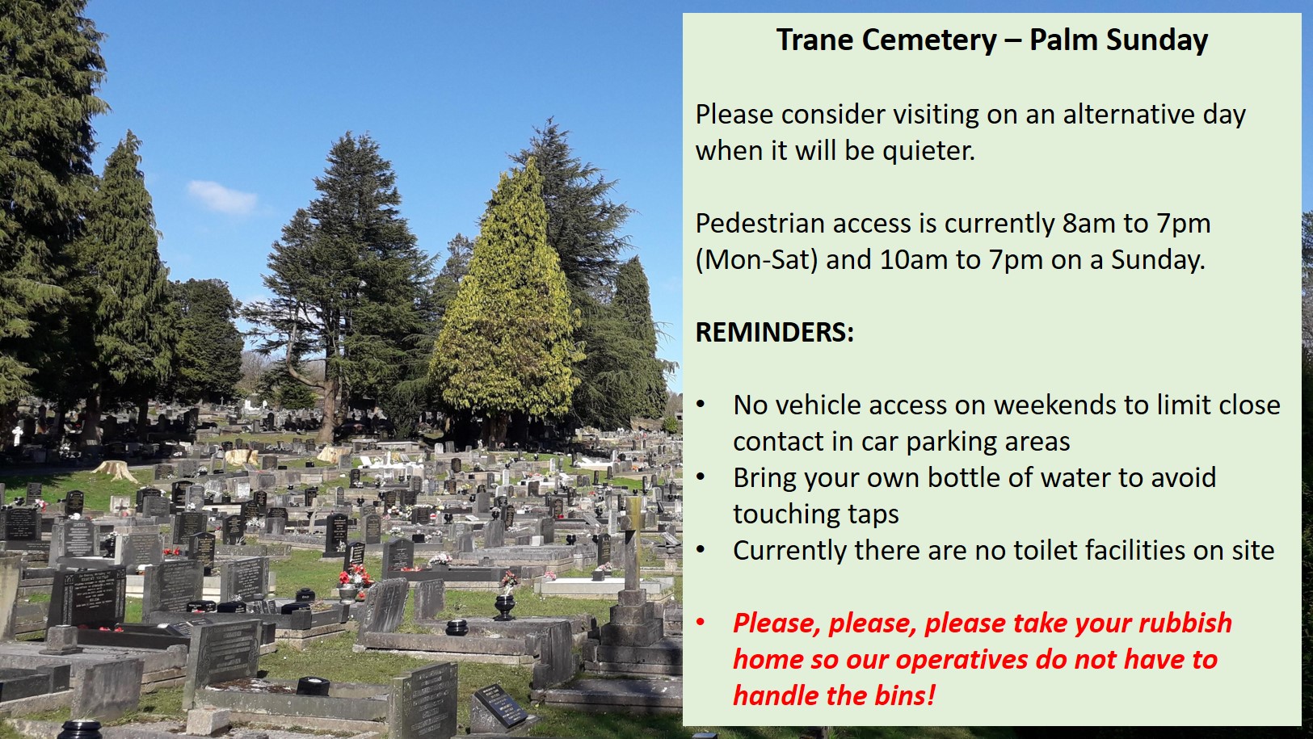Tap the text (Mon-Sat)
(757, 259)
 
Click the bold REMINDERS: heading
(774, 332)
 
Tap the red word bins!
(904, 695)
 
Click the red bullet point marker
(701, 623)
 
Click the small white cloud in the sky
(221, 198)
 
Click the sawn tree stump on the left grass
(115, 471)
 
